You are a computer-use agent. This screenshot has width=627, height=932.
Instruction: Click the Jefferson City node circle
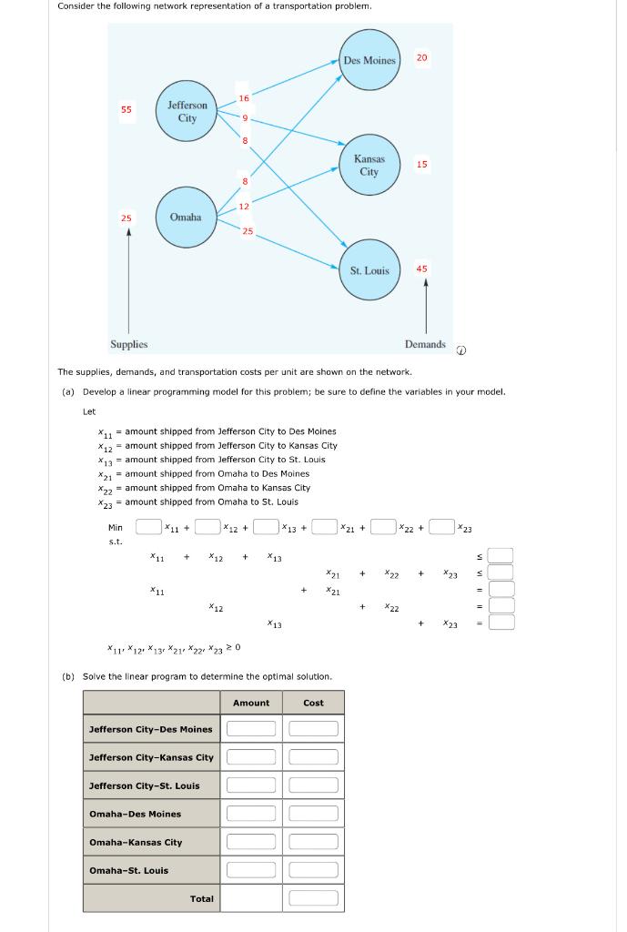pos(187,112)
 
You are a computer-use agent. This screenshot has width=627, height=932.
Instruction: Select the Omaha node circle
pos(186,218)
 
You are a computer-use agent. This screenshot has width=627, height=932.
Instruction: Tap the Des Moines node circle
pos(369,60)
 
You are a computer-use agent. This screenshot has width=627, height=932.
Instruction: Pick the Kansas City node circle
pos(369,166)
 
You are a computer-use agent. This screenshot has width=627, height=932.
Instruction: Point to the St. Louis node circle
pos(369,270)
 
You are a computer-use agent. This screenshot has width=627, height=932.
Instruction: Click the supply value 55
pos(126,109)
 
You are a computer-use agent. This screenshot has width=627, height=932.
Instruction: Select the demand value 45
pos(421,268)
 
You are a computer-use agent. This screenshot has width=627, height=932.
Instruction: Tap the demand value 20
pos(421,58)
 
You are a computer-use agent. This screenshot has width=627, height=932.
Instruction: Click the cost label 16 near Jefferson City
pos(244,98)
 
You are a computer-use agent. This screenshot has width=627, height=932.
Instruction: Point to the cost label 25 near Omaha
pos(248,231)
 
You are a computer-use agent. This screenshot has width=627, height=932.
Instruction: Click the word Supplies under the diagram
pos(129,345)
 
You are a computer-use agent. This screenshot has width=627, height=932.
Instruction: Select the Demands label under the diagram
pos(425,344)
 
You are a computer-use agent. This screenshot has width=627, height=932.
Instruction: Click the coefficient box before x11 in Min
pos(148,527)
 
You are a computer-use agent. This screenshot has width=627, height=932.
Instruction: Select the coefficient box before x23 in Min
pos(441,527)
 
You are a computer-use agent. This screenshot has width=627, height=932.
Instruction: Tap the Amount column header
pos(251,703)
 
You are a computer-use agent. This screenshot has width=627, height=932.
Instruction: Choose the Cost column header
pos(313,703)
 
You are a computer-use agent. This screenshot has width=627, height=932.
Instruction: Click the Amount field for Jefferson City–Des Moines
pos(251,729)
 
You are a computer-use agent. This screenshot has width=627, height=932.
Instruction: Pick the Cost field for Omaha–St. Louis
pos(313,870)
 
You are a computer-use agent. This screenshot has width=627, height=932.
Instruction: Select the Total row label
pos(202,898)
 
